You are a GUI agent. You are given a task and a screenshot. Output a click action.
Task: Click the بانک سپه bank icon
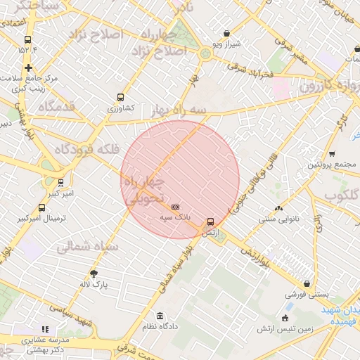coord(175,207)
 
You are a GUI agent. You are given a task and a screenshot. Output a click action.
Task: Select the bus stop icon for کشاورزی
coord(120,98)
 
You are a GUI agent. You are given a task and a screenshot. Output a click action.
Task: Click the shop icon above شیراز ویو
coord(226,33)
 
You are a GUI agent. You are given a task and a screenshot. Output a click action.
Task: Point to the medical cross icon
coord(28,67)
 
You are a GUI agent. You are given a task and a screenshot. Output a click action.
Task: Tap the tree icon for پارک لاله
coord(94,273)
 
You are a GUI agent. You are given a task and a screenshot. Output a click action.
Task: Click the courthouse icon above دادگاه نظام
coord(160,316)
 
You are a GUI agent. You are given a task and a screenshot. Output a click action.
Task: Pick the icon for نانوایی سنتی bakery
coord(279,208)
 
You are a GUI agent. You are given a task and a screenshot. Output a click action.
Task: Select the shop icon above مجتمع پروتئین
coord(332,154)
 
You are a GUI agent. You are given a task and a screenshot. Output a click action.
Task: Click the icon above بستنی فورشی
coord(307,284)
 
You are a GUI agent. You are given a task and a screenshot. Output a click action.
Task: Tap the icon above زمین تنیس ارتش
coord(285,318)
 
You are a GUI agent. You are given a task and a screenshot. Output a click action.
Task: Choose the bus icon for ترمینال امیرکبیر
coord(42,208)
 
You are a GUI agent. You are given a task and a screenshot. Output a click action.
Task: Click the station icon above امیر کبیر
coord(60,182)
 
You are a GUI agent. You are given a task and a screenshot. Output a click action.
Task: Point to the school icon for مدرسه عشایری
coord(46,328)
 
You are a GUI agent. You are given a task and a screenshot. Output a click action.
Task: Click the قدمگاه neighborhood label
coord(44,107)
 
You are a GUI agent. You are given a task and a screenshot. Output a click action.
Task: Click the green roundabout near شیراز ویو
coord(205,53)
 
